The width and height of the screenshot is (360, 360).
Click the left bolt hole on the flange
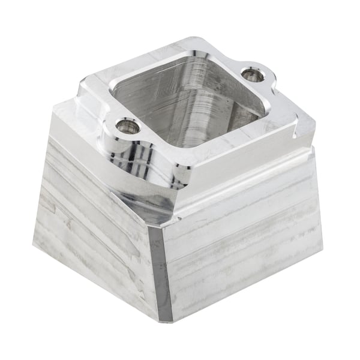[127, 126]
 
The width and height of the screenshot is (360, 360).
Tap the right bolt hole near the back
[252, 75]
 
